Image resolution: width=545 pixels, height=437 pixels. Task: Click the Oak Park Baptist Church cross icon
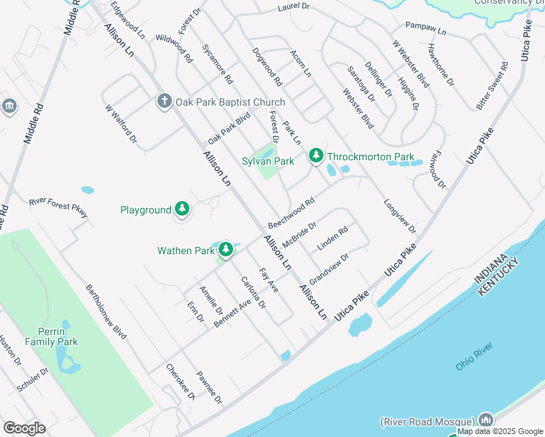pyautogui.click(x=165, y=101)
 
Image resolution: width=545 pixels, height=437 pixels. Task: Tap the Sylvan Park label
pyautogui.click(x=268, y=161)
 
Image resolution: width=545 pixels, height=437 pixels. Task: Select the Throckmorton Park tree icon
pyautogui.click(x=316, y=156)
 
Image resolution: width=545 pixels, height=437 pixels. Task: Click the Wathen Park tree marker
pyautogui.click(x=227, y=251)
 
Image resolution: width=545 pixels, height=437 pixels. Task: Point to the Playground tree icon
pyautogui.click(x=181, y=210)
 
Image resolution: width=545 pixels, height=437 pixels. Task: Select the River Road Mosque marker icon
pyautogui.click(x=486, y=420)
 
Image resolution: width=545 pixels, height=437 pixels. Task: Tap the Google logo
pyautogui.click(x=24, y=428)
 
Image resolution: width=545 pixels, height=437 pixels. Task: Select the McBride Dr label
pyautogui.click(x=299, y=234)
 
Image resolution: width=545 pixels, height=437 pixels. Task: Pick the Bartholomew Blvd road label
pyautogui.click(x=106, y=312)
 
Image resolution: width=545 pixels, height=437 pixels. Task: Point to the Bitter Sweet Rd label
pyautogui.click(x=492, y=86)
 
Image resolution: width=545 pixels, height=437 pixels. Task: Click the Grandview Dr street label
pyautogui.click(x=329, y=268)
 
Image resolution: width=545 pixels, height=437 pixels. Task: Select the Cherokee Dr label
pyautogui.click(x=181, y=382)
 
